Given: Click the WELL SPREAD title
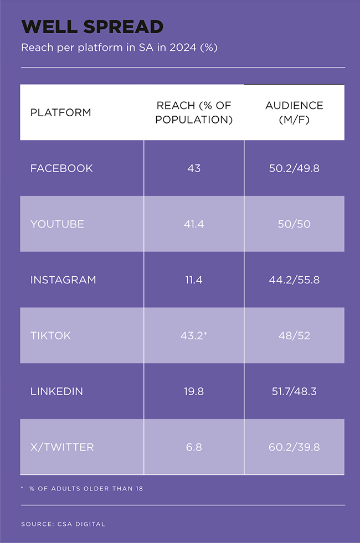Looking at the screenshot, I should click(x=92, y=27).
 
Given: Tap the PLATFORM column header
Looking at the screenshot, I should click(x=60, y=112).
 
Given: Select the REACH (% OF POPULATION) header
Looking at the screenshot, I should click(x=193, y=112).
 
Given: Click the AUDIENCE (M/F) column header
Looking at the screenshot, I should click(x=294, y=112).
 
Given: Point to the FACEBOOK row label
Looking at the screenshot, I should click(x=61, y=168).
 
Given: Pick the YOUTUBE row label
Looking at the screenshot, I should click(x=57, y=224).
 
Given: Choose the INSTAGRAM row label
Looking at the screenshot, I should click(x=63, y=280).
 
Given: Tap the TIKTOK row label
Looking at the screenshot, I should click(x=50, y=335).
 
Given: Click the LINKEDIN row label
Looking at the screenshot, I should click(x=56, y=391).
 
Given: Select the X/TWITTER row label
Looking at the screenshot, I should click(x=62, y=447).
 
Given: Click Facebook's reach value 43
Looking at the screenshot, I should click(x=193, y=168).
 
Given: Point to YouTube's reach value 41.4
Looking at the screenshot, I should click(x=193, y=224).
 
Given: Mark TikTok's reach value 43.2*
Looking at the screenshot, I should click(x=194, y=335).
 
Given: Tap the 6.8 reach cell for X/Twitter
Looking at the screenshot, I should click(x=193, y=447).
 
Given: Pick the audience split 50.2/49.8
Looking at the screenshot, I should click(x=294, y=168).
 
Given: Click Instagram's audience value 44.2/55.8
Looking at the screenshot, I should click(x=294, y=280).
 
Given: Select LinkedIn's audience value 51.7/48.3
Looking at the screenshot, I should click(x=294, y=391).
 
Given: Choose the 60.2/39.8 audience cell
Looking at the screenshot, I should click(x=294, y=447).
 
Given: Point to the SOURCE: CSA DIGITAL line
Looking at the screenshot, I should click(x=63, y=524).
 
